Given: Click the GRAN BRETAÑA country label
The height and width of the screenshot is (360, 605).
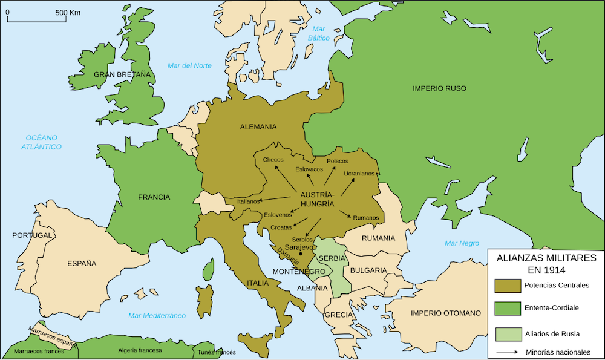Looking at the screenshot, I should click(x=122, y=74).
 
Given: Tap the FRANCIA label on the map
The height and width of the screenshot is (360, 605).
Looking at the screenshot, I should click(x=154, y=197).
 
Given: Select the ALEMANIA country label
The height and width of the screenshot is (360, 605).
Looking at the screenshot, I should click(x=258, y=127).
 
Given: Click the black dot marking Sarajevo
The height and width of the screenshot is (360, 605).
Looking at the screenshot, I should click(x=300, y=254).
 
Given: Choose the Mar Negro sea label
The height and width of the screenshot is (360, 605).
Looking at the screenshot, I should click(x=462, y=243).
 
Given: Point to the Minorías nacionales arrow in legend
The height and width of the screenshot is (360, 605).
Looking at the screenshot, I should click(x=507, y=352).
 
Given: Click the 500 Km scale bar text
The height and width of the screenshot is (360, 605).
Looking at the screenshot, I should click(x=68, y=12).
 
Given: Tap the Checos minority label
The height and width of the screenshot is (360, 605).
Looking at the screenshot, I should click(x=273, y=160).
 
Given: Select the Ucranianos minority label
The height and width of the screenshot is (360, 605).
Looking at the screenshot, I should click(x=359, y=174).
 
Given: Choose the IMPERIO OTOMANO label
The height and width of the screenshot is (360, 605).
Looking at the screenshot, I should click(x=445, y=313).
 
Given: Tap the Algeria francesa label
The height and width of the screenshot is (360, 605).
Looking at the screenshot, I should click(x=140, y=350).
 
